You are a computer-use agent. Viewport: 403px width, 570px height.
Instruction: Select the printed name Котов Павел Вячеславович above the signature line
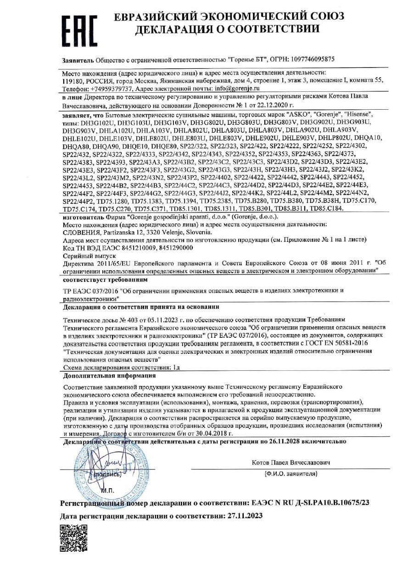(x=291, y=462)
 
